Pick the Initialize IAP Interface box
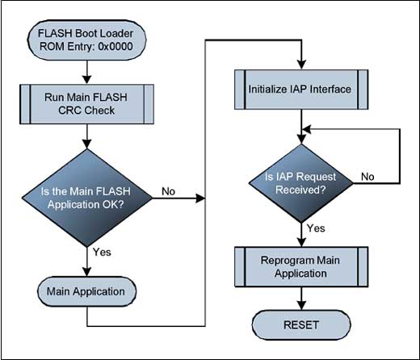click(x=300, y=89)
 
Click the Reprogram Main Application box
click(x=300, y=267)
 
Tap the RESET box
click(x=300, y=325)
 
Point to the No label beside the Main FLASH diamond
click(x=169, y=192)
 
